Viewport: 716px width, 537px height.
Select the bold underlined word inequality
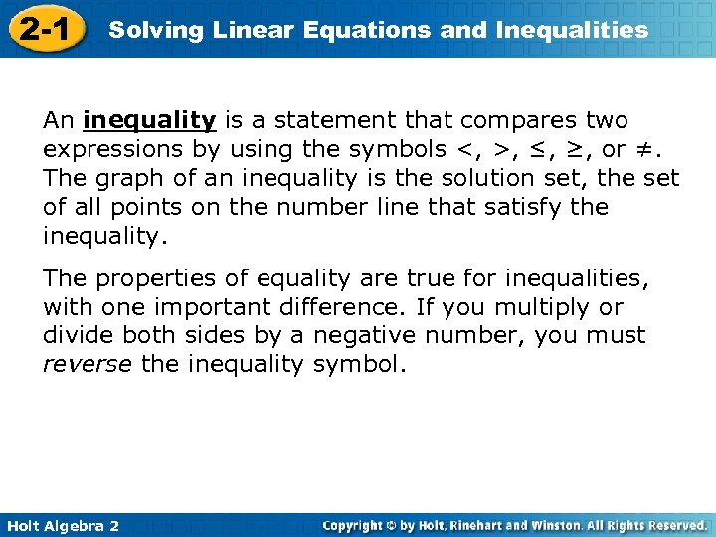click(149, 121)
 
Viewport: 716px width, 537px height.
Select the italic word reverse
click(87, 365)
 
